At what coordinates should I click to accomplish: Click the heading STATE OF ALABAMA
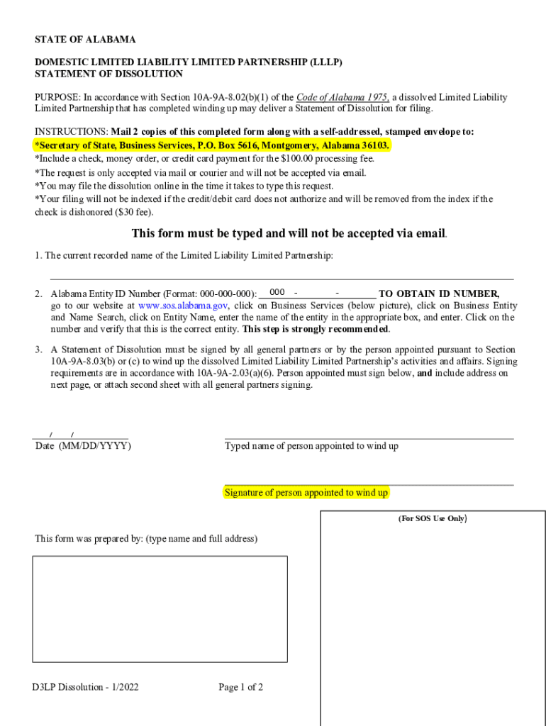coord(85,40)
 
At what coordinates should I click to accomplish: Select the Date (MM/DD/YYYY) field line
coord(81,435)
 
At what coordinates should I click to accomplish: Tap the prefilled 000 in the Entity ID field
coord(277,293)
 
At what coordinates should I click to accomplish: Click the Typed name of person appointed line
coord(369,435)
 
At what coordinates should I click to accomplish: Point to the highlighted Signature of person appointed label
coord(306,493)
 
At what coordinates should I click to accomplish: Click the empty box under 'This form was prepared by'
coord(160,609)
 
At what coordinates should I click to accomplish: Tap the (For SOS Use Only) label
coord(432,518)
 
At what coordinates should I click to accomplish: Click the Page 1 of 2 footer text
coord(241,687)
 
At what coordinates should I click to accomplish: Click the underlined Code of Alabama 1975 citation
coord(342,97)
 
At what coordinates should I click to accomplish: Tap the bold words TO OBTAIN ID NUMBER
coord(439,294)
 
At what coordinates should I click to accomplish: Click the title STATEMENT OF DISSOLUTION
coord(108,74)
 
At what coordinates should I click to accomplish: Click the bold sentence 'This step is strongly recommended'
coord(316,329)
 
